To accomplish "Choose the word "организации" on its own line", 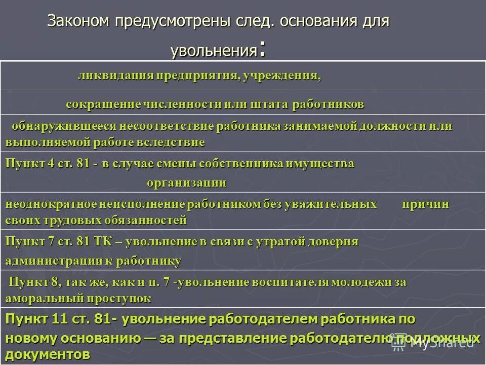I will (x=187, y=182).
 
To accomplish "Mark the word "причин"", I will (x=426, y=204).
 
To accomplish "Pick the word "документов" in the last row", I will (x=48, y=353).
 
